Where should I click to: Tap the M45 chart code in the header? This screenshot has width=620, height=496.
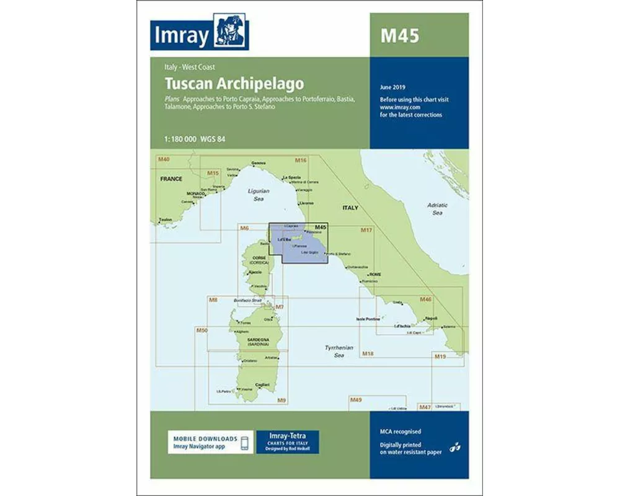pyautogui.click(x=399, y=36)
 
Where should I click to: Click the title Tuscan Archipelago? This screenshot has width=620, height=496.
pyautogui.click(x=234, y=82)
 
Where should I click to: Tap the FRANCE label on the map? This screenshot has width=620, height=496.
pyautogui.click(x=170, y=179)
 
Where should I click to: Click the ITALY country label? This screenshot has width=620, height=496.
pyautogui.click(x=350, y=208)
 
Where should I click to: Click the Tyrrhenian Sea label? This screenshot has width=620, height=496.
pyautogui.click(x=339, y=352)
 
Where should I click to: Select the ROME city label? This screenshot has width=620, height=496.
pyautogui.click(x=374, y=274)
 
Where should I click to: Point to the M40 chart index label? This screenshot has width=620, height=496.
pyautogui.click(x=163, y=161)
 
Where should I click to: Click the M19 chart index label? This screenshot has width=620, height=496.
pyautogui.click(x=440, y=356)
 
